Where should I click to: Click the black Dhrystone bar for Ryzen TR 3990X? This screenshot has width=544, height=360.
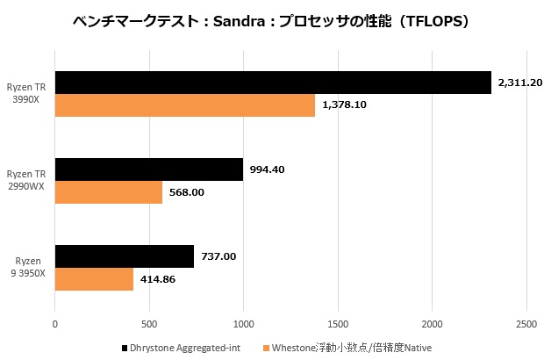(273, 83)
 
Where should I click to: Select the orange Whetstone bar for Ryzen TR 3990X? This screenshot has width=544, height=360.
(185, 105)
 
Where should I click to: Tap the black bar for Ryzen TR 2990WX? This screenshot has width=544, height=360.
(149, 169)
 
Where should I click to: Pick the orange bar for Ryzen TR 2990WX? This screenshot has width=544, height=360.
(109, 192)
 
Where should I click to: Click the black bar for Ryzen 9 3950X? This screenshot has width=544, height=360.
(125, 256)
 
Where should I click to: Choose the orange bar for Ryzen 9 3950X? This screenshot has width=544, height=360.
(94, 279)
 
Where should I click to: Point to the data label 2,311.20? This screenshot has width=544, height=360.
(519, 83)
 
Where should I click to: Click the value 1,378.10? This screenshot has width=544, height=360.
(345, 105)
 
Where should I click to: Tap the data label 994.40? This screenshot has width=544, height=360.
(267, 169)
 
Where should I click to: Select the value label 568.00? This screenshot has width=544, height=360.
(186, 192)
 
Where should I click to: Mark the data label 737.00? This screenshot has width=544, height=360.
(218, 256)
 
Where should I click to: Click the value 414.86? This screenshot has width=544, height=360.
(158, 279)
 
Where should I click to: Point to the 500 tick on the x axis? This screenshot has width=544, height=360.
(149, 323)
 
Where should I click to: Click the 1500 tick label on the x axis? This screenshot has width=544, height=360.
(338, 323)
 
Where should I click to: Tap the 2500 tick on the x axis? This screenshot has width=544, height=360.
(526, 323)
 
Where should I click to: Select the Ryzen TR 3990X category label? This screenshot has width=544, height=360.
(29, 94)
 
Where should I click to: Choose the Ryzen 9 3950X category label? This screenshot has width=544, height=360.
(29, 268)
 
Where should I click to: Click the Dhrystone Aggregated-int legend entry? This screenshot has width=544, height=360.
(183, 348)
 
